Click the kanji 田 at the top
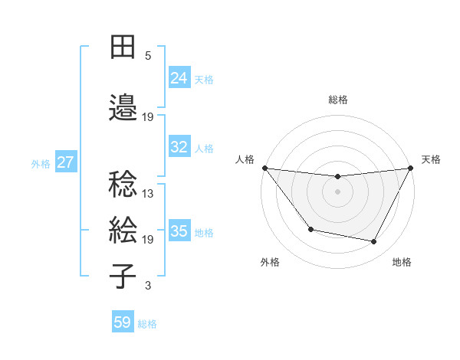pyautogui.click(x=123, y=47)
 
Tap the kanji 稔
pyautogui.click(x=123, y=185)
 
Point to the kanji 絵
pyautogui.click(x=123, y=230)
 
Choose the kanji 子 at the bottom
pyautogui.click(x=123, y=276)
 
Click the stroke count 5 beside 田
pyautogui.click(x=148, y=56)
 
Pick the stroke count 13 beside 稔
pyautogui.click(x=148, y=194)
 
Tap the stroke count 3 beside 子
pyautogui.click(x=148, y=286)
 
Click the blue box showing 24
pyautogui.click(x=179, y=77)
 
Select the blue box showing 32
pyautogui.click(x=179, y=147)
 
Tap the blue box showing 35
pyautogui.click(x=179, y=231)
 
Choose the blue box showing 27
pyautogui.click(x=66, y=162)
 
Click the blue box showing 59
pyautogui.click(x=123, y=322)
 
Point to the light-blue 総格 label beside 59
pyautogui.click(x=147, y=324)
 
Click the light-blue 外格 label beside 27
pyautogui.click(x=41, y=163)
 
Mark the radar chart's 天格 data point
pyautogui.click(x=411, y=168)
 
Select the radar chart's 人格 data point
pyautogui.click(x=264, y=168)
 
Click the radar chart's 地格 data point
pyautogui.click(x=374, y=242)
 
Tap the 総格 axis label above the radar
pyautogui.click(x=338, y=100)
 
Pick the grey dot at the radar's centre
pyautogui.click(x=338, y=191)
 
